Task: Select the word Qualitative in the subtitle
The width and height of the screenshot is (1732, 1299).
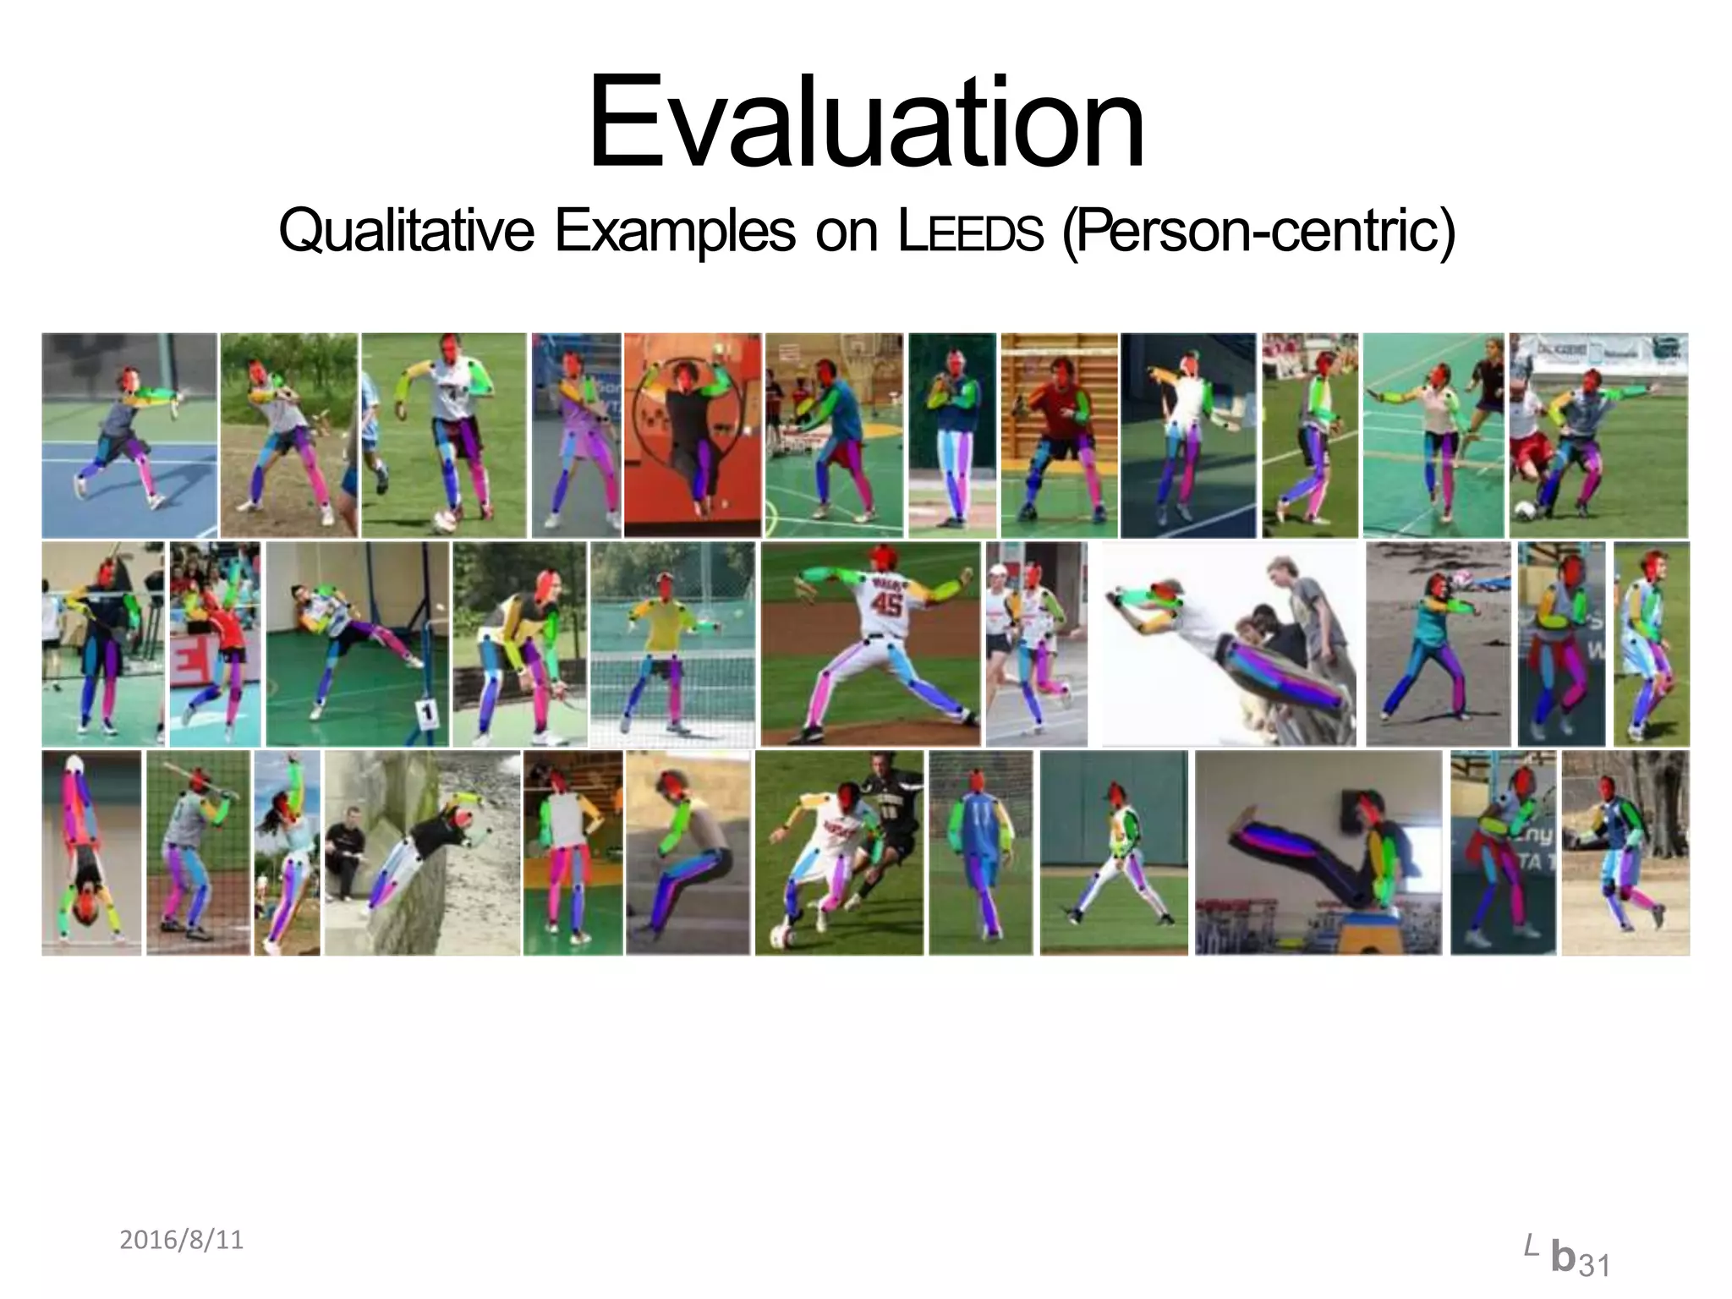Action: [x=406, y=230]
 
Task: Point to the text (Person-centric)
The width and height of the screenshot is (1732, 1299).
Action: [x=1258, y=230]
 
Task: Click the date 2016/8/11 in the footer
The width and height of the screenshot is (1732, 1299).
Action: [x=181, y=1240]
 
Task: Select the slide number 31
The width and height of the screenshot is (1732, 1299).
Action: [x=1594, y=1266]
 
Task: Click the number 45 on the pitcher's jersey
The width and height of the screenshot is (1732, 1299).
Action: [x=885, y=603]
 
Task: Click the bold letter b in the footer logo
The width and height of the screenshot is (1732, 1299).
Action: [x=1564, y=1258]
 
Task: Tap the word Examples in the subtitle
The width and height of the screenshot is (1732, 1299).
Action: [x=675, y=230]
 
